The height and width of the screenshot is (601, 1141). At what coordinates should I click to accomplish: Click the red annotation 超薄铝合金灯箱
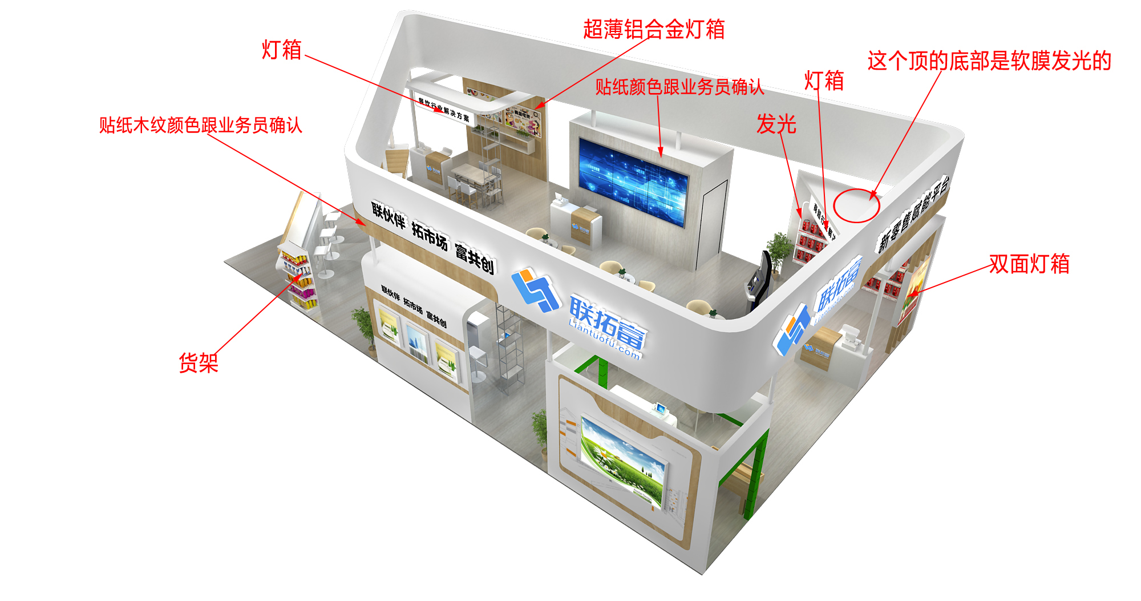pyautogui.click(x=653, y=30)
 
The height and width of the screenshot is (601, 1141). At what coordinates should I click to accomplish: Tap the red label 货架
pyautogui.click(x=199, y=363)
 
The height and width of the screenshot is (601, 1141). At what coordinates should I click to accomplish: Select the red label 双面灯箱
pyautogui.click(x=1029, y=264)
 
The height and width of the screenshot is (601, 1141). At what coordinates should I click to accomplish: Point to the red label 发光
pyautogui.click(x=776, y=124)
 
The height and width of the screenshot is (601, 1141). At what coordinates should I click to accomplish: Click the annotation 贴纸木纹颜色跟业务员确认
pyautogui.click(x=200, y=126)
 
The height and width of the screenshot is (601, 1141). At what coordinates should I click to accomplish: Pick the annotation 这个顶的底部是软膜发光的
pyautogui.click(x=989, y=61)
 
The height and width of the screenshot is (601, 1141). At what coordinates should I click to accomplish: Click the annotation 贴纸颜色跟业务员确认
pyautogui.click(x=679, y=87)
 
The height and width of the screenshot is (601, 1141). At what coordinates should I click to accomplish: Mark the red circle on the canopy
pyautogui.click(x=856, y=205)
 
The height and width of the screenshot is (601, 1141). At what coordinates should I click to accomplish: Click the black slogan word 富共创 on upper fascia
pyautogui.click(x=474, y=257)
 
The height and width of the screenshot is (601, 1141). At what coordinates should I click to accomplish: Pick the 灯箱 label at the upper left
pyautogui.click(x=281, y=50)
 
